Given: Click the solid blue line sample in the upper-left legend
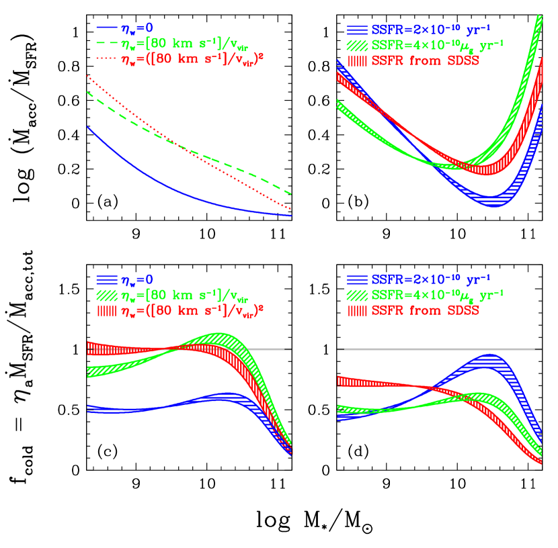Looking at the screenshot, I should click(x=107, y=28).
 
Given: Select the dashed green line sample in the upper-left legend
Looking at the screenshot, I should click(x=107, y=44).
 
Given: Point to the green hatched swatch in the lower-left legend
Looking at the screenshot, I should click(x=107, y=295).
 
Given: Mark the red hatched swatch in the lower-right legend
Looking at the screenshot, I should click(x=356, y=311).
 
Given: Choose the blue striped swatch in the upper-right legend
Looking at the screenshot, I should click(x=356, y=30).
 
